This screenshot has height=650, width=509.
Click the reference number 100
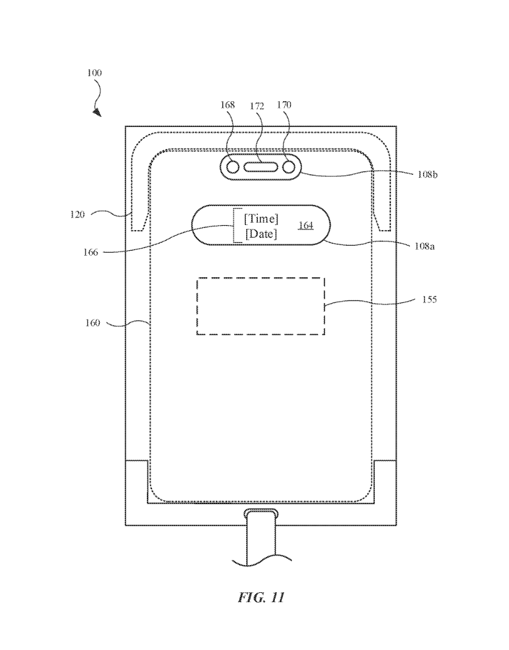coord(94,73)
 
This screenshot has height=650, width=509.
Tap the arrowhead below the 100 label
coord(97,112)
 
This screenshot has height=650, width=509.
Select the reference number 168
coord(227,105)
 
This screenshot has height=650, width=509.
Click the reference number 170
coord(284,105)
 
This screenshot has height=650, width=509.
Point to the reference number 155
coord(429,300)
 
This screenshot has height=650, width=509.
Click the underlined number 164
coord(306,224)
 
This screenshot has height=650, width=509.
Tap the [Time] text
coord(261,218)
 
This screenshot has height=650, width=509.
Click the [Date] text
coord(261,234)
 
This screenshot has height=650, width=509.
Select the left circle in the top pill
coord(233,167)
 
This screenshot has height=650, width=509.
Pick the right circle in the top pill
coord(289,167)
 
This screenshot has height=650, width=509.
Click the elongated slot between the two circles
coord(260,167)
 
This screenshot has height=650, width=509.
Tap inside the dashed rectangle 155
coord(260,306)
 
